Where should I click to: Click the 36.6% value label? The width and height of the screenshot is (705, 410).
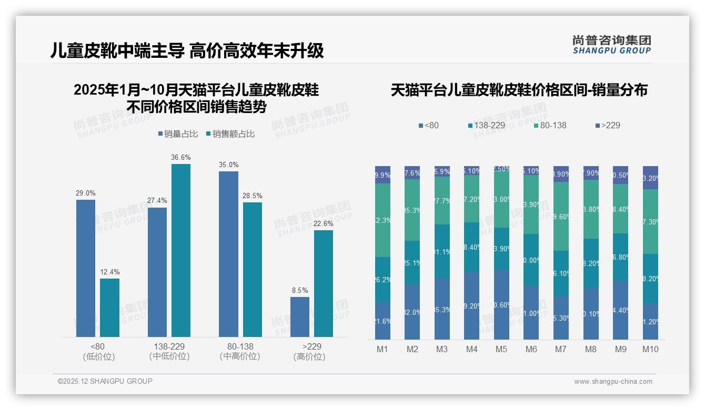click(180, 157)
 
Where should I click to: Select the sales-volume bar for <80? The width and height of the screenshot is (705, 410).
click(86, 268)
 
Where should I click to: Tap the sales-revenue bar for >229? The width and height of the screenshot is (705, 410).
click(324, 283)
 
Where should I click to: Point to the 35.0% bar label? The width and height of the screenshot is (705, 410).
click(228, 165)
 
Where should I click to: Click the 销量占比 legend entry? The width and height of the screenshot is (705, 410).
click(178, 134)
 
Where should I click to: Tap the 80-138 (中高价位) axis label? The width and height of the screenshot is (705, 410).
click(240, 351)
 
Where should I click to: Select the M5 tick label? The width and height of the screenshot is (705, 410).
click(501, 349)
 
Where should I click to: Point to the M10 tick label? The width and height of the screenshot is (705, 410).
click(650, 349)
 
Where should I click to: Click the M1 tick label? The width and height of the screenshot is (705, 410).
click(382, 349)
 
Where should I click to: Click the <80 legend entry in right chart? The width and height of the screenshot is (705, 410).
click(428, 125)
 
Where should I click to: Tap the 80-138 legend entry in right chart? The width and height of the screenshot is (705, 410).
click(550, 125)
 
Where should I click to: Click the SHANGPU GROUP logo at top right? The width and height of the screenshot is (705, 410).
click(611, 45)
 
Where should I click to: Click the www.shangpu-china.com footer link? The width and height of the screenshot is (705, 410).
click(613, 382)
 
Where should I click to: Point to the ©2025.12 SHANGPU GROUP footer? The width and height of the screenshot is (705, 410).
click(105, 381)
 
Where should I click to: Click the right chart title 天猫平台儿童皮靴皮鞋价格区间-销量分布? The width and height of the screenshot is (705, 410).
click(519, 90)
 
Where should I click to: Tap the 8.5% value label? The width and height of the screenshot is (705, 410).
click(300, 290)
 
